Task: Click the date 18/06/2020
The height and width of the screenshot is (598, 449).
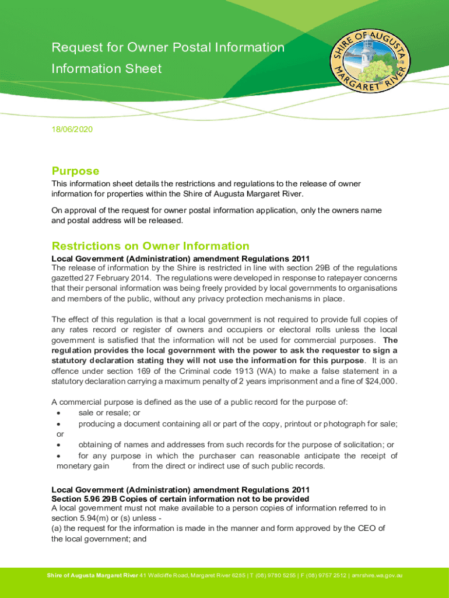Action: pos(72,128)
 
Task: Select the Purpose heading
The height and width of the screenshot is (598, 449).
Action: pos(75,171)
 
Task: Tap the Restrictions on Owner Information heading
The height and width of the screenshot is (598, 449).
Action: pos(150,246)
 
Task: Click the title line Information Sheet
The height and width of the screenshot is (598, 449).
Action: pos(106,69)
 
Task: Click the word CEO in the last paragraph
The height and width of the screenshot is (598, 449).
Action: pos(364,529)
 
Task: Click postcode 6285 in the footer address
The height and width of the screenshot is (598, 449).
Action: pos(238,576)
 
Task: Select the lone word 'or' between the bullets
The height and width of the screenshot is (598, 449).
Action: pos(60,434)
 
